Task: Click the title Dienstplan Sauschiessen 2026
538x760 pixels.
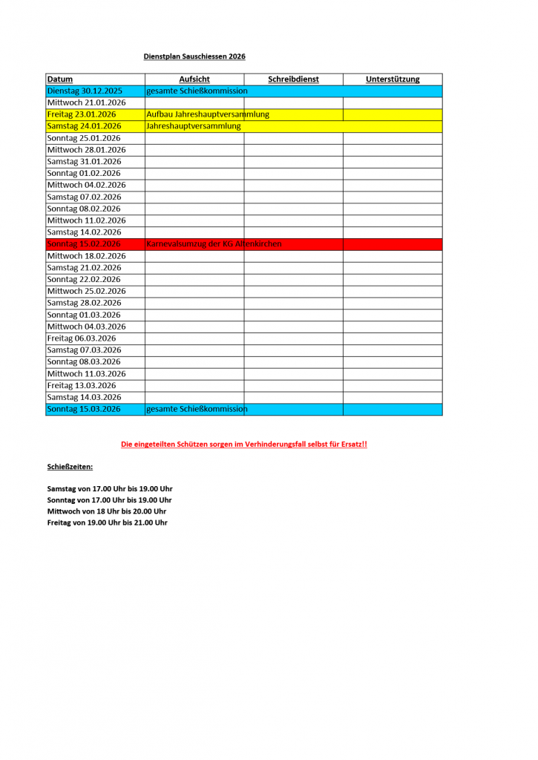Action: [x=194, y=56]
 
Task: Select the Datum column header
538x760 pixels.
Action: [x=60, y=79]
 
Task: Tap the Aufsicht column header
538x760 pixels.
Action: [x=194, y=79]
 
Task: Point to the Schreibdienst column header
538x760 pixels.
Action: [x=293, y=79]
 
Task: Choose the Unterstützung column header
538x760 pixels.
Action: [x=393, y=79]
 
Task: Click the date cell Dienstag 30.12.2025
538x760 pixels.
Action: [x=85, y=91]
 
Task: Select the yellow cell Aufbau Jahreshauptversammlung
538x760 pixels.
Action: [x=208, y=114]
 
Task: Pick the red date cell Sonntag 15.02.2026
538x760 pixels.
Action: [x=84, y=244]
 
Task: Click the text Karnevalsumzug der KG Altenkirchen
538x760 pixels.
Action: [x=214, y=244]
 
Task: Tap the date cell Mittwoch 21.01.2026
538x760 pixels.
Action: [x=86, y=102]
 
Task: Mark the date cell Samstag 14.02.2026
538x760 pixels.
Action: [x=84, y=232]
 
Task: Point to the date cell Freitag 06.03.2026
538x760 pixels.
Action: [x=82, y=338]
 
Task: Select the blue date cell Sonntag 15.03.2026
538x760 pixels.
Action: [x=84, y=409]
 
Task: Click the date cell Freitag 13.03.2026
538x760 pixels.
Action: [x=82, y=385]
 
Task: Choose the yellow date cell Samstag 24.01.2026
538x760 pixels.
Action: [x=84, y=126]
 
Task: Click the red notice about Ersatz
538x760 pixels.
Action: [x=244, y=444]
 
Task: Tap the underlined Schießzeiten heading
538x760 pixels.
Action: [x=70, y=467]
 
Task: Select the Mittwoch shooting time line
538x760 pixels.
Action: [x=107, y=511]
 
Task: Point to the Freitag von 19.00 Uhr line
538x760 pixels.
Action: [x=108, y=522]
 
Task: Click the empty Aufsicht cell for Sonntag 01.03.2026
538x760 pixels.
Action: [x=194, y=315]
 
